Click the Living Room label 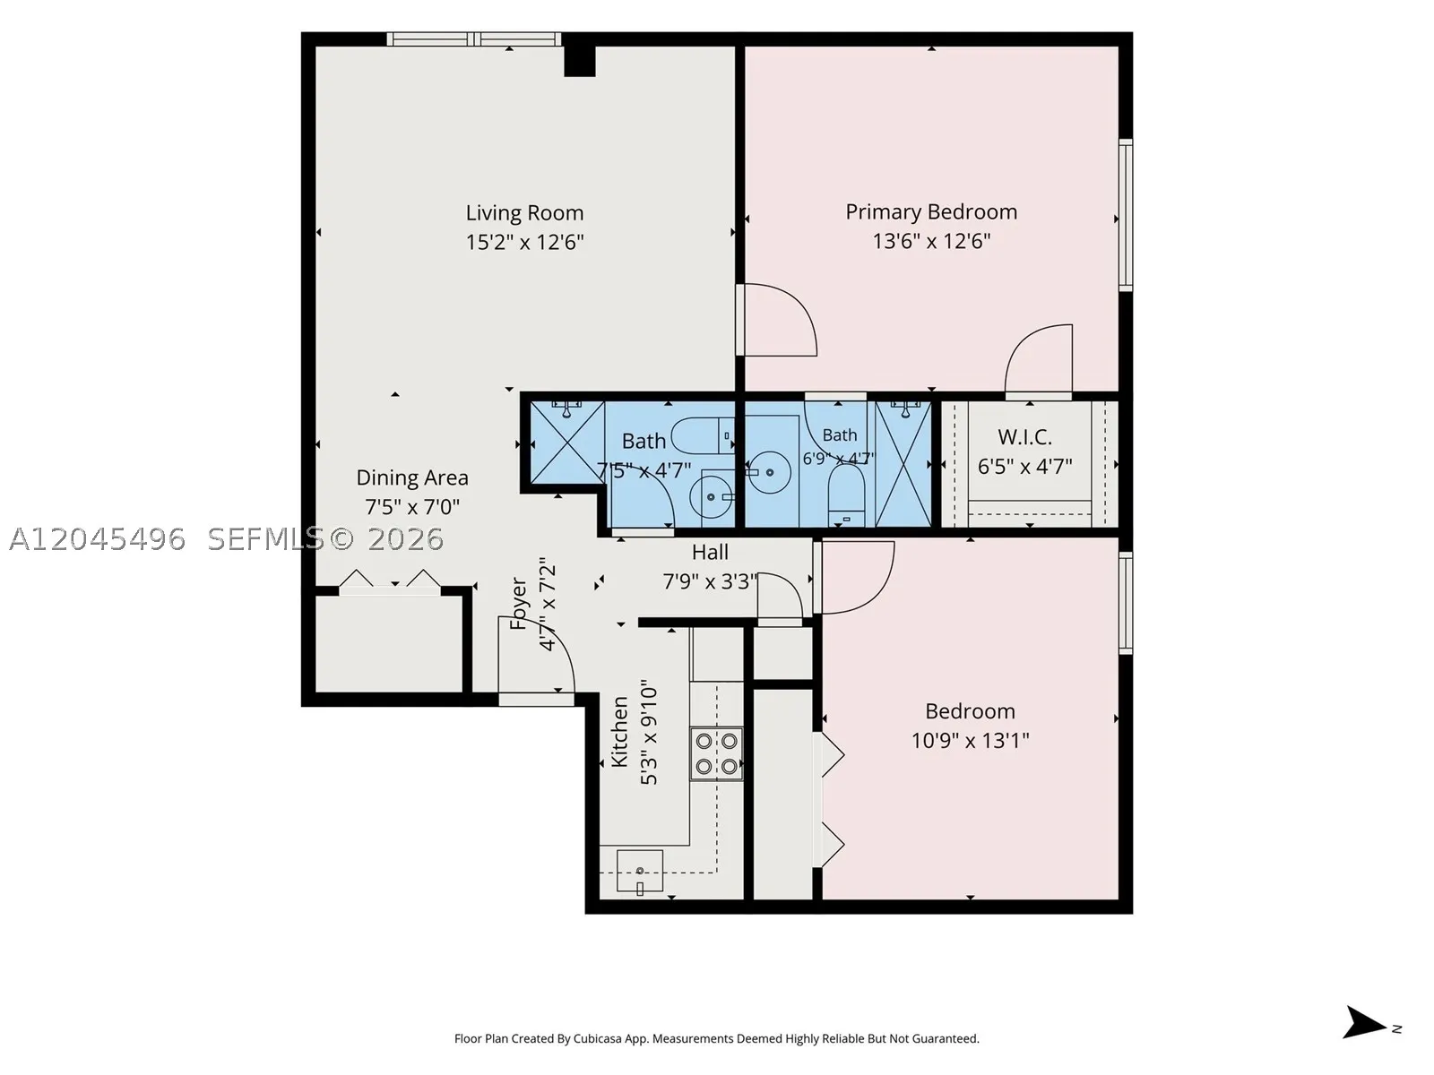tap(524, 213)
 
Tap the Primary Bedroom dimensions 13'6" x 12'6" tap(931, 242)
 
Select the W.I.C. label tap(1024, 436)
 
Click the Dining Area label tap(411, 477)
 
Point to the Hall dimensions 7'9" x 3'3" tap(710, 580)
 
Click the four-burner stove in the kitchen tap(716, 753)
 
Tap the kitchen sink tap(640, 870)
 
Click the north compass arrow tap(1364, 1022)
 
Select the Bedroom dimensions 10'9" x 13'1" tap(970, 741)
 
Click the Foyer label tap(518, 603)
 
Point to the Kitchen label tap(618, 731)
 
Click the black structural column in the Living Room tap(580, 61)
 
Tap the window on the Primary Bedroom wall tap(1125, 215)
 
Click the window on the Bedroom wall tap(1125, 602)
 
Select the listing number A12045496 tap(98, 539)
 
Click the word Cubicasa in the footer tap(598, 1038)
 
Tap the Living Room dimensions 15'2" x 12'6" tap(524, 243)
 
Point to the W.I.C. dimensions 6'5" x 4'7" tap(1024, 467)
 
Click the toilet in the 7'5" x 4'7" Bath tap(701, 436)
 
